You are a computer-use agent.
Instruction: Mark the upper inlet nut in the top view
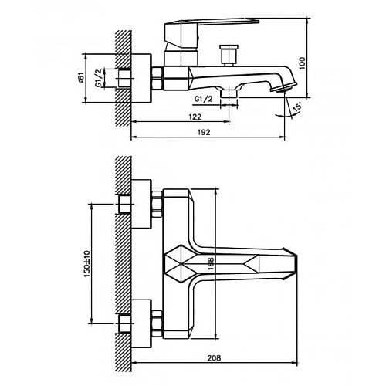155,204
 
